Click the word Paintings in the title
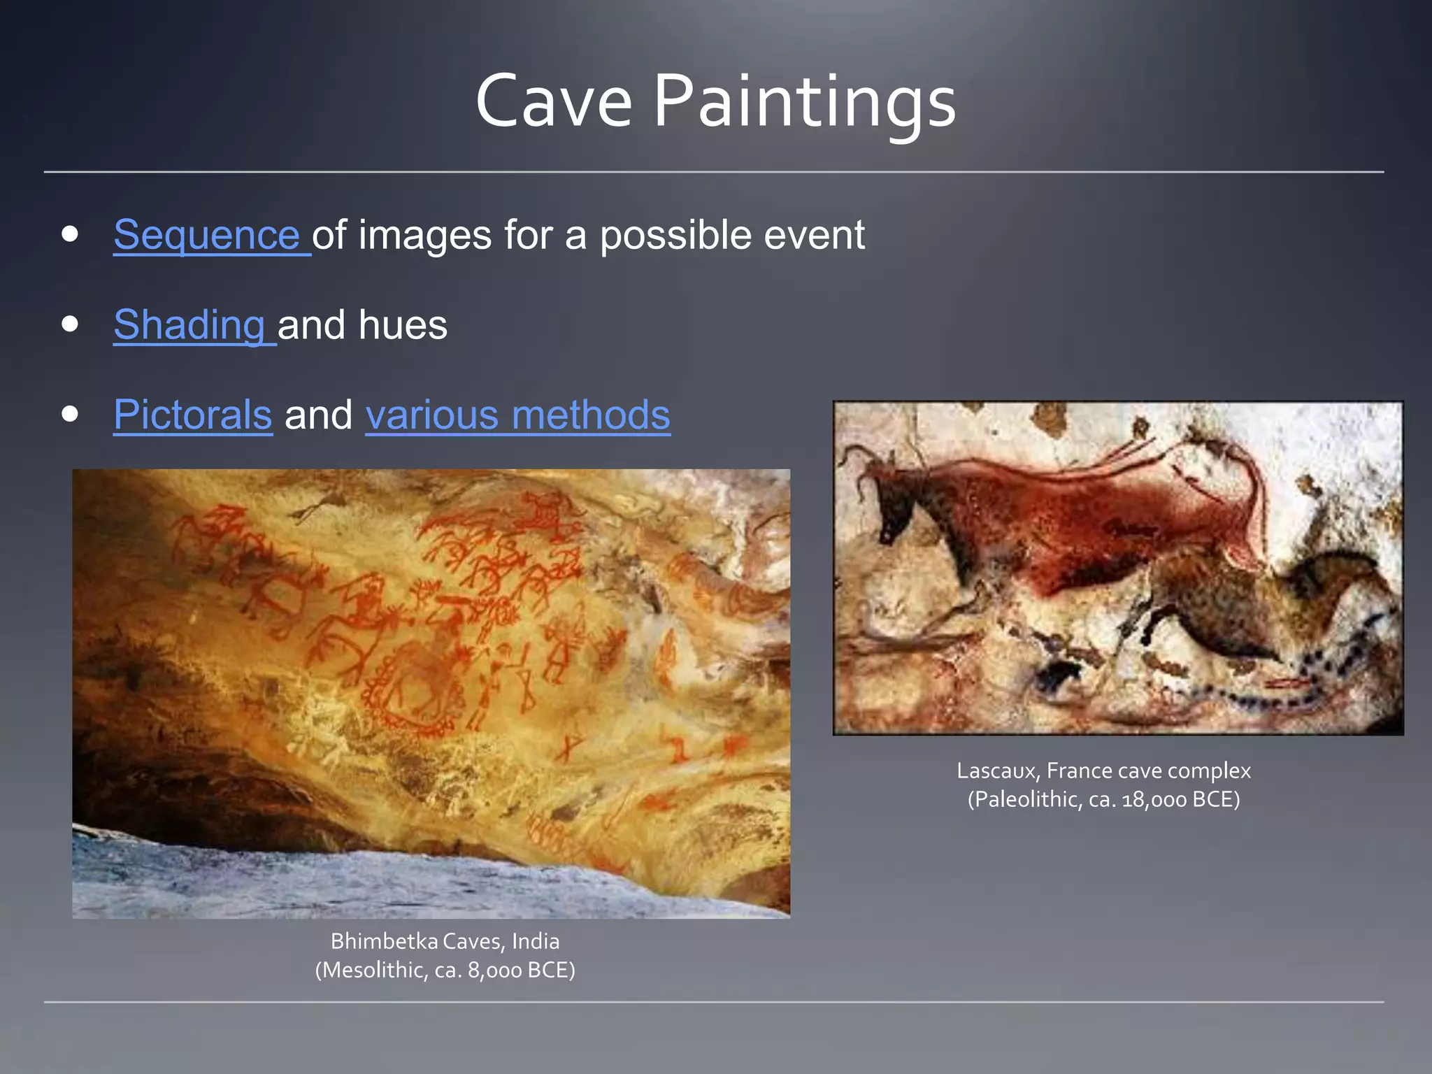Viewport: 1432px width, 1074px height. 804,103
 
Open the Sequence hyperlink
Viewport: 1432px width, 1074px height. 207,235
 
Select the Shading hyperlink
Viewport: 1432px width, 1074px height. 189,325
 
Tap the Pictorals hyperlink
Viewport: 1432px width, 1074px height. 193,415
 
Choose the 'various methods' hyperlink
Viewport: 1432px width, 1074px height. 517,415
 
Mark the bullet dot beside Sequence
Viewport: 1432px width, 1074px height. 69,234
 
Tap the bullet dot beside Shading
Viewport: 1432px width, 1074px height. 69,324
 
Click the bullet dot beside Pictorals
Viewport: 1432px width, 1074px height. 69,414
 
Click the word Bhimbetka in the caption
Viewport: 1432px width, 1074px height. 384,942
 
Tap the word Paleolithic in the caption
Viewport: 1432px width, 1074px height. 1026,800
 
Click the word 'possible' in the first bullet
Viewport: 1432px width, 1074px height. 675,236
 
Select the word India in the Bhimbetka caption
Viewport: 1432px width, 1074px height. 536,942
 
